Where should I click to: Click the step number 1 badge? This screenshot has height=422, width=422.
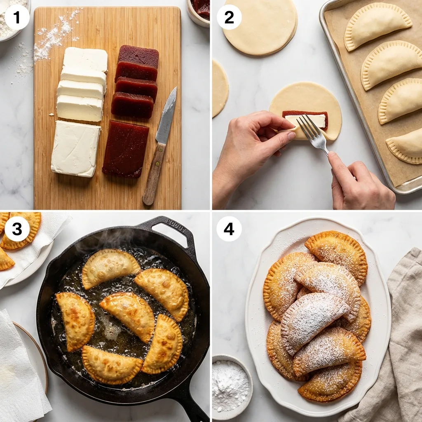[17, 17]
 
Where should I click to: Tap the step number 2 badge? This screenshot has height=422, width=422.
[229, 17]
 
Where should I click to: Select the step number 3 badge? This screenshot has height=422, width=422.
[17, 229]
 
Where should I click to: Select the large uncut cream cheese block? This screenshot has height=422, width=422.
[75, 148]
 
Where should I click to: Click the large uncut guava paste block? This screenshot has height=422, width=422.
[126, 148]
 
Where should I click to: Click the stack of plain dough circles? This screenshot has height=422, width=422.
[260, 27]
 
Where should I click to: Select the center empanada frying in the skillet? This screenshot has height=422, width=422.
[128, 315]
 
